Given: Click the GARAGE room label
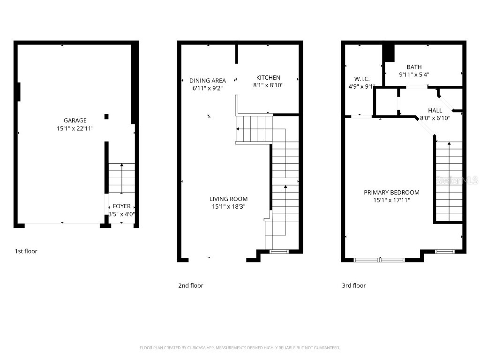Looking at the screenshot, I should coord(75,120).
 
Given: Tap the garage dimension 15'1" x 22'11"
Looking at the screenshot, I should coord(75,128).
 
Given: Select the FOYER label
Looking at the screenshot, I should coord(122,206).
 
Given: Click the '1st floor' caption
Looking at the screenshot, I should coord(26,251).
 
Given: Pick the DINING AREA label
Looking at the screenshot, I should coord(208,81).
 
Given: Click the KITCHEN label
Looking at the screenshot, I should coord(268,78).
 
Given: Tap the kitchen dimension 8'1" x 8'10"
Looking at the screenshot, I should coord(268,85).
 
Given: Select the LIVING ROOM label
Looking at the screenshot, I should coord(228,199).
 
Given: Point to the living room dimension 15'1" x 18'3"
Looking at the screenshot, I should coord(228,206).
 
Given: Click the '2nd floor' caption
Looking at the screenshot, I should coord(191,285).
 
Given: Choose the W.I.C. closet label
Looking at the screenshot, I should coord(362,79).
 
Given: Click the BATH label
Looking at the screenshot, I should coord(414,67).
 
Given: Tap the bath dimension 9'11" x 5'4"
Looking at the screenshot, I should coord(414,75).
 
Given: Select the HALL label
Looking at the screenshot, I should coord(435,111).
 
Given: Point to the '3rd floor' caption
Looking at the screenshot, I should coord(353,285).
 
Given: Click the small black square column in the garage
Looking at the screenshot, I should coord(107,116).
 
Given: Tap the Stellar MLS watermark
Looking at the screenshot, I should coord(457,180).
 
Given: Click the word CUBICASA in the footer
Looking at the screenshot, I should coord(190,348).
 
